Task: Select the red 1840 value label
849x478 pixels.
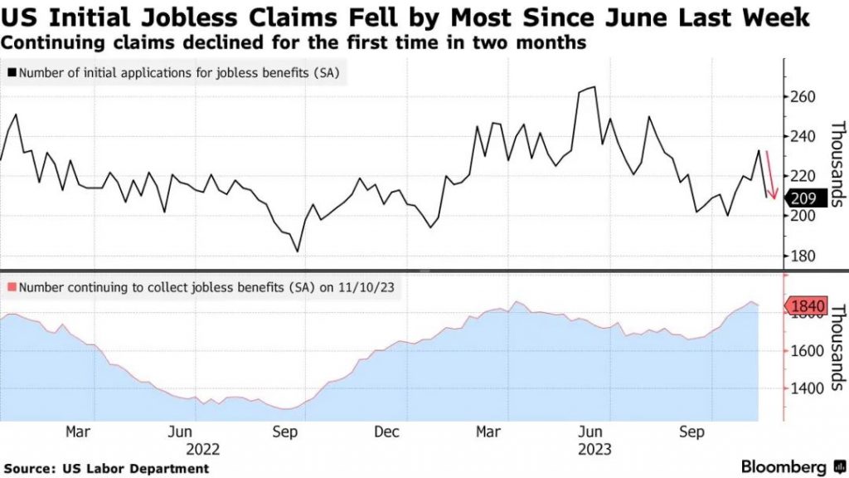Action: tap(808, 307)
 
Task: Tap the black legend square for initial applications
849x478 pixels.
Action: tap(11, 73)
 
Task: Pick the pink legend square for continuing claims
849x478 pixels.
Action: tap(11, 287)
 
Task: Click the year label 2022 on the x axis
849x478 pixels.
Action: tap(203, 449)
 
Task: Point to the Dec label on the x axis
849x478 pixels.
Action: tap(386, 432)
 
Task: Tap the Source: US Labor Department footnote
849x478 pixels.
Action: tap(105, 469)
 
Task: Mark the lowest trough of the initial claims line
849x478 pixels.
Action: tap(297, 251)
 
